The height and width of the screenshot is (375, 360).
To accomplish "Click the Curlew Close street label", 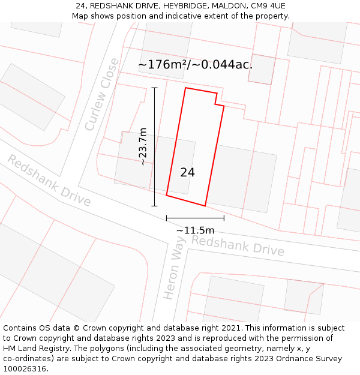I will tap(102, 94).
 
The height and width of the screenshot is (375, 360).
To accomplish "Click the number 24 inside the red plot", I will tap(187, 173).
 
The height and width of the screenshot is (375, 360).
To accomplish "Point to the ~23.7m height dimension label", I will tap(143, 146).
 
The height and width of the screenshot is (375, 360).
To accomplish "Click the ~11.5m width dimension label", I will tap(195, 230).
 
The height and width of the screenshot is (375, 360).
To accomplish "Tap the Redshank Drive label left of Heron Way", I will tap(49, 180).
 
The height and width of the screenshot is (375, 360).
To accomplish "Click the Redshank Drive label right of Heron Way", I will tap(238, 245).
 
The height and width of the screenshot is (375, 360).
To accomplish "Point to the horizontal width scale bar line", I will tap(195, 218).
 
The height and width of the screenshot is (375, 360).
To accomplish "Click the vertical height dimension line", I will tap(154, 146).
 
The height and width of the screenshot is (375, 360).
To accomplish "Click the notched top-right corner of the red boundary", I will tap(217, 101).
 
